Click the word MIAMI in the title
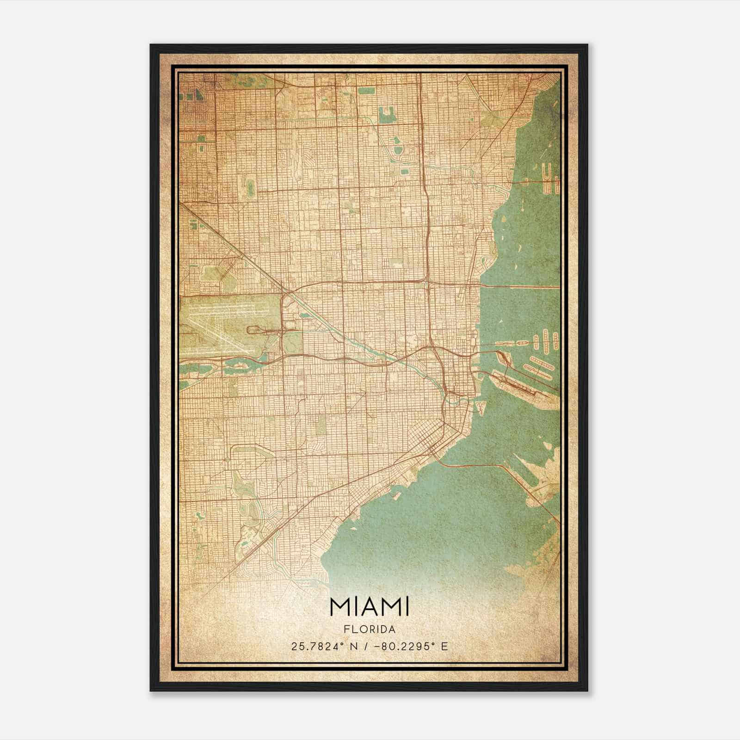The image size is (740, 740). point(369,607)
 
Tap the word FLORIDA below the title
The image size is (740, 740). point(369,629)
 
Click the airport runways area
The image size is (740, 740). point(217,324)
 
